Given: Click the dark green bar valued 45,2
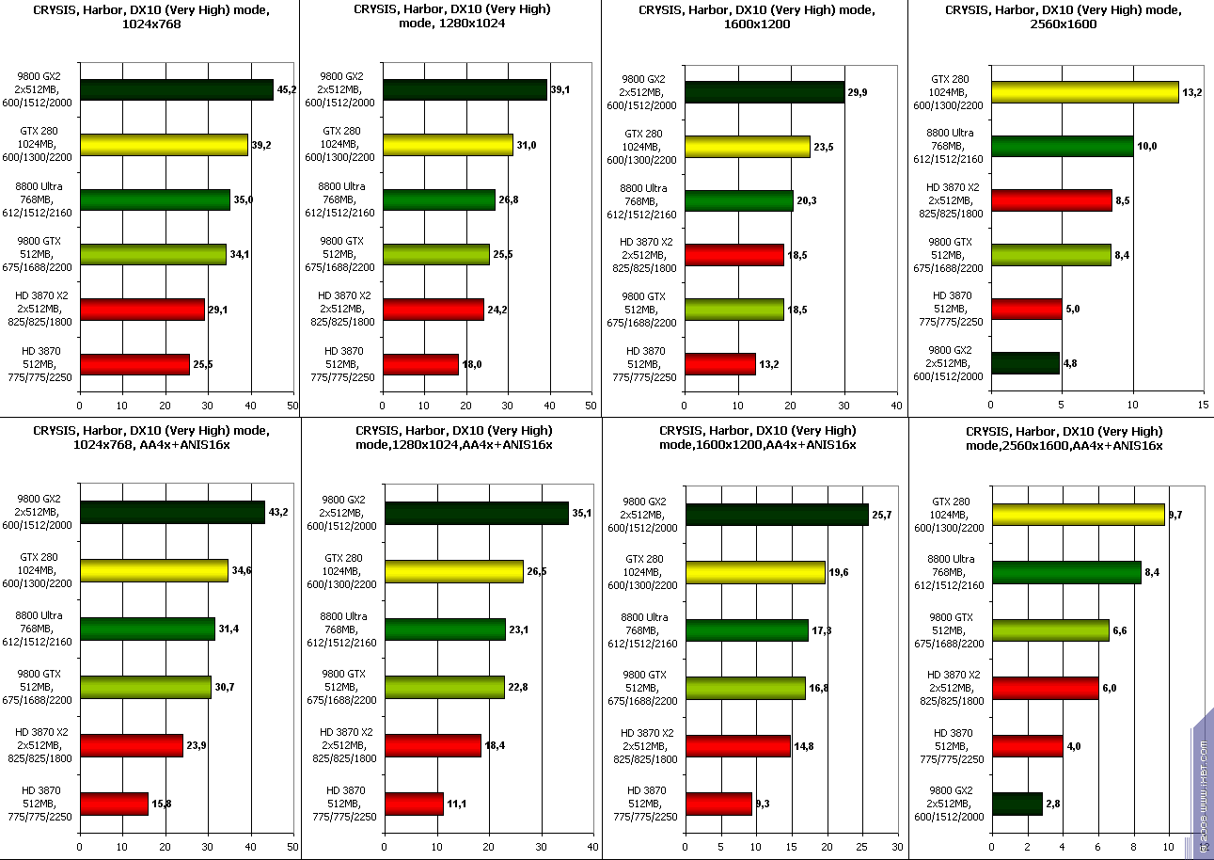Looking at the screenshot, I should tap(177, 89).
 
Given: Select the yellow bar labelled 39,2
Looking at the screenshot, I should tap(164, 144).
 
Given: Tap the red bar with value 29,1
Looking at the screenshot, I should tap(142, 309).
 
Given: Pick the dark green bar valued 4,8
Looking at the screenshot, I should tap(1025, 362).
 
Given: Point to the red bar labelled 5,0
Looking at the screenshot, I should tap(1027, 309).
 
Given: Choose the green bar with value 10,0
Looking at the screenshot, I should tap(1063, 146).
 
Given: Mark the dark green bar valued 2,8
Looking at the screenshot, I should tap(1017, 804).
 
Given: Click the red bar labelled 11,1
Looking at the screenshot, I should tap(414, 804).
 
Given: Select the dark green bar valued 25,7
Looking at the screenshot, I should tap(777, 515).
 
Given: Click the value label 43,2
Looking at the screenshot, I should tap(279, 512).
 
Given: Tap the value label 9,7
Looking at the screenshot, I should tap(1175, 515).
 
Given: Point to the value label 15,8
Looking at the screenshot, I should tap(162, 804).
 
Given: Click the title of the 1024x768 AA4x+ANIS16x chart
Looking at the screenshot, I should tap(150, 437).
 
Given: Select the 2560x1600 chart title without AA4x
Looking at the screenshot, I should tap(1060, 17).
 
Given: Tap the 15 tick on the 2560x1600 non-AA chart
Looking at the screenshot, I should tap(1205, 406).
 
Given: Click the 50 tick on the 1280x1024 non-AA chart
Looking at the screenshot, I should tap(591, 406).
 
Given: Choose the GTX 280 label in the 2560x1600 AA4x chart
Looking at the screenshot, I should tap(951, 515).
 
